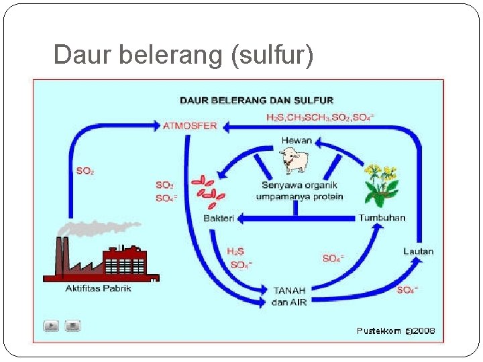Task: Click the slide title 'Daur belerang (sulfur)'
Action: tap(182, 55)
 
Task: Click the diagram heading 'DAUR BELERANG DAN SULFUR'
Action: tap(256, 101)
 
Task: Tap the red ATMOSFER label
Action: tap(190, 125)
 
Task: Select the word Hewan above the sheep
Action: tap(296, 141)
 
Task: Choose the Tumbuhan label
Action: tap(382, 218)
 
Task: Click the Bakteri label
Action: tap(218, 219)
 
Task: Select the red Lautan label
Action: tap(418, 251)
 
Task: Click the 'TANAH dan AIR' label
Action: tap(289, 296)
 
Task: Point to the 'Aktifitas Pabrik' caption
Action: tap(98, 288)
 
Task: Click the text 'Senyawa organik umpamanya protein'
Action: tap(299, 190)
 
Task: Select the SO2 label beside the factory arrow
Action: tap(85, 171)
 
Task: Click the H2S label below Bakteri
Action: tap(235, 251)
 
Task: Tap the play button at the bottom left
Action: tap(52, 326)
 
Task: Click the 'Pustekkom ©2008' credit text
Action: tap(395, 330)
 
